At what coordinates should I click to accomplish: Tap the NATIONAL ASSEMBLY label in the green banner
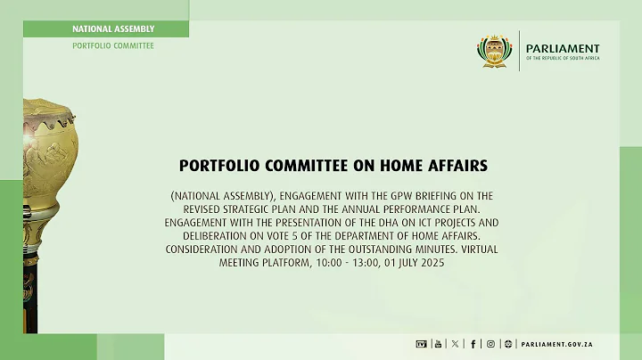pos(113,29)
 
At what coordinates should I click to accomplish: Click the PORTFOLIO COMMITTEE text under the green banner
pos(113,45)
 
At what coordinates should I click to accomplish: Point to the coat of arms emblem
pos(494,51)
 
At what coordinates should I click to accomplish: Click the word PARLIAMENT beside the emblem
pos(563,48)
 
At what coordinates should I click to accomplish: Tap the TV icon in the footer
pos(422,344)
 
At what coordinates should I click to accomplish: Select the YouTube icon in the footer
pos(438,344)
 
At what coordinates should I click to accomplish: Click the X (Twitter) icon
pos(456,344)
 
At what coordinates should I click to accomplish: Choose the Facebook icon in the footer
pos(473,344)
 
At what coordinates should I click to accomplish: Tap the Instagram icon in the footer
pos(490,344)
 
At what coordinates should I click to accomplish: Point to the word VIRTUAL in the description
pos(460,249)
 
